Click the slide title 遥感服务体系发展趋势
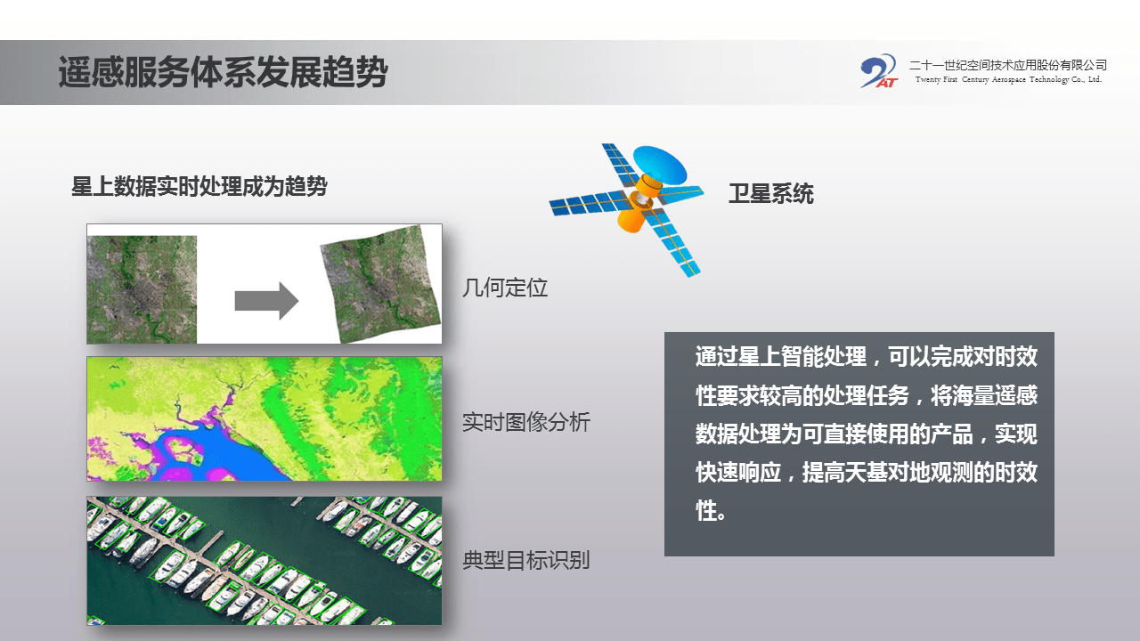coord(223,72)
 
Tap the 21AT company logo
coord(879,71)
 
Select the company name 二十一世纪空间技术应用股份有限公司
coord(1008,65)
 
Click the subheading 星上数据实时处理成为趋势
coord(199,186)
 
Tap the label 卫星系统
coord(771,194)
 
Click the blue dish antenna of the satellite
coord(660,164)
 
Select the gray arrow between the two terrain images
coord(266,301)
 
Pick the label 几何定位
coord(505,288)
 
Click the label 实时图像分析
coord(526,422)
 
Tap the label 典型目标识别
coord(526,561)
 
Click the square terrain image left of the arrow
coord(142,289)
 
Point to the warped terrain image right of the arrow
coord(380,284)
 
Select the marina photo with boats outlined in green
coord(265,561)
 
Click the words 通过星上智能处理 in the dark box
coord(781,356)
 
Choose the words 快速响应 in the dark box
coord(738,473)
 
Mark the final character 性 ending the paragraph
coord(705,511)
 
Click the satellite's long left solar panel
coord(590,202)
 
